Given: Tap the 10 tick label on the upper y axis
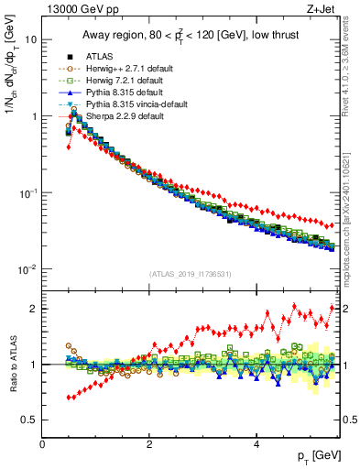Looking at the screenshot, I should tap(31, 40).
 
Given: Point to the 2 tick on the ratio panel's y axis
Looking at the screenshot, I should tap(35, 309).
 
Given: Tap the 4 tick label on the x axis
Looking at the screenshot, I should tap(256, 444).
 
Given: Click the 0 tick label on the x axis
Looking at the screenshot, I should tap(43, 444).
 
